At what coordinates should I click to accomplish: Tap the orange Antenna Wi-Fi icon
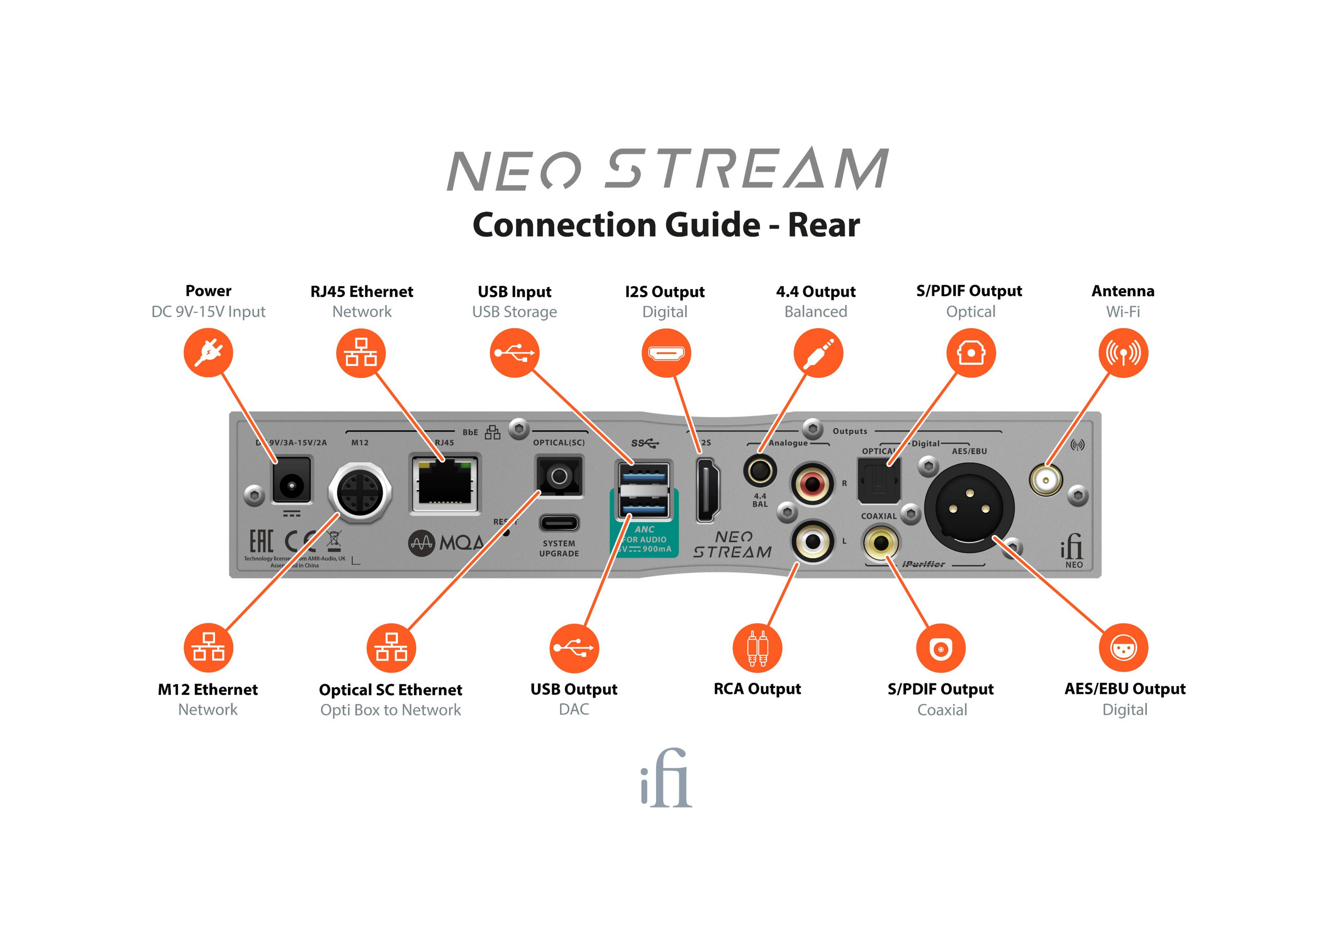pos(1123,352)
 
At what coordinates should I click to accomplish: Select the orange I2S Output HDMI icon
pos(666,352)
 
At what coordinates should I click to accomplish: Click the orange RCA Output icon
pos(757,648)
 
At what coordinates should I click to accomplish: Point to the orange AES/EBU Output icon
pos(1123,648)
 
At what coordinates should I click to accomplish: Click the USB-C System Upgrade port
pos(559,523)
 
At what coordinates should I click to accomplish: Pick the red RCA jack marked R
pos(812,483)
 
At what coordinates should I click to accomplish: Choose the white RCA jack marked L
pos(813,541)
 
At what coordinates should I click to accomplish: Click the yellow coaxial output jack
pos(880,543)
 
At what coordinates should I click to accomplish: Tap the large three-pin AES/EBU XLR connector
pos(969,508)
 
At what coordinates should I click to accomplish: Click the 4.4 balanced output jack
pos(759,471)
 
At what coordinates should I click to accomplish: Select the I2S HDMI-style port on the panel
pos(708,489)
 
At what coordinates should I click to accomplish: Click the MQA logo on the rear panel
pos(447,543)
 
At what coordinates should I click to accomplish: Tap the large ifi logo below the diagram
pos(666,778)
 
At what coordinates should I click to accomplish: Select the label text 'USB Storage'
pos(514,312)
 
